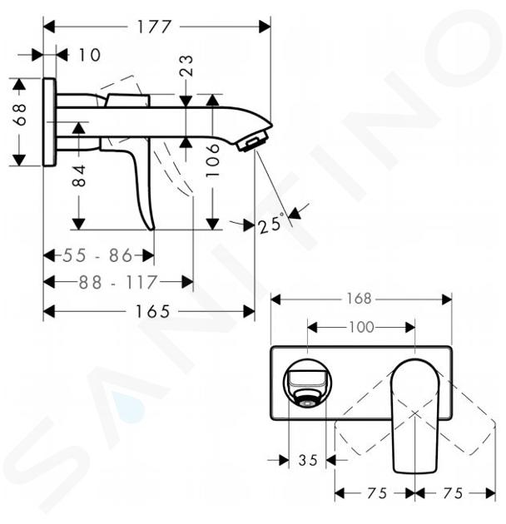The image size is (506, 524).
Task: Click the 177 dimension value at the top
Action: [154, 27]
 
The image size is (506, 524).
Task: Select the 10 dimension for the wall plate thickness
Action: [89, 55]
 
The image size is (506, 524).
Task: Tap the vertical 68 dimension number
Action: [20, 114]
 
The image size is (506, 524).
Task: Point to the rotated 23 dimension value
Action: [187, 66]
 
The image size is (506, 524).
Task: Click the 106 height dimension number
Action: [213, 161]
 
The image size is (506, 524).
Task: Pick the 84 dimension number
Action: [79, 175]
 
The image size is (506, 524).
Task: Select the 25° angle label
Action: [271, 225]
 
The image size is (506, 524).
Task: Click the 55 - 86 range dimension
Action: [98, 256]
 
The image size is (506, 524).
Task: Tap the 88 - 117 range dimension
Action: [117, 282]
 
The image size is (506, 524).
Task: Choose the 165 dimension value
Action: [152, 311]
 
